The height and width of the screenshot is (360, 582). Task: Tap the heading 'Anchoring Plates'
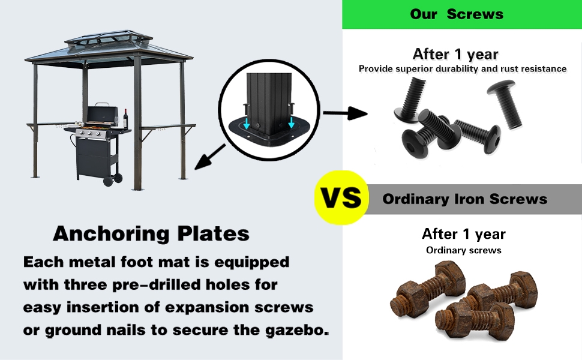click(151, 233)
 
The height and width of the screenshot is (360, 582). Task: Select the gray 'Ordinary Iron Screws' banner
click(465, 199)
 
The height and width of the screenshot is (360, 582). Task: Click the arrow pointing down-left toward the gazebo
click(211, 157)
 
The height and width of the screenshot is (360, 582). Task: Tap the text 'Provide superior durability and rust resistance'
click(462, 69)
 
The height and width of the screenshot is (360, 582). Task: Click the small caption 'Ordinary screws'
click(463, 250)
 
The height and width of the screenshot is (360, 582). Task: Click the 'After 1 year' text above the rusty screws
click(463, 234)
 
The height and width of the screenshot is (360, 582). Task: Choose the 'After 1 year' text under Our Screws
click(455, 54)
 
